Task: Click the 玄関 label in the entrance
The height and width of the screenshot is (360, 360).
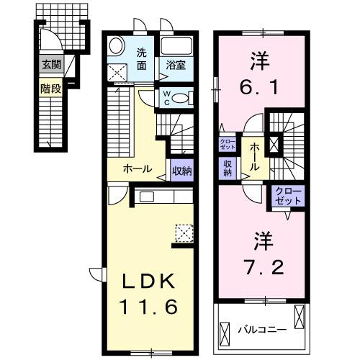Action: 50,64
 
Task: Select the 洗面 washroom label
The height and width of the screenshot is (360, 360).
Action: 142,58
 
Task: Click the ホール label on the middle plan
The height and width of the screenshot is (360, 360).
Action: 137,169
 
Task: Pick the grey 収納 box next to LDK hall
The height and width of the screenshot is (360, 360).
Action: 181,171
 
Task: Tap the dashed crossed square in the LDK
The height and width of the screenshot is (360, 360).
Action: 184,233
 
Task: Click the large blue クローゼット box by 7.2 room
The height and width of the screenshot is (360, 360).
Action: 288,196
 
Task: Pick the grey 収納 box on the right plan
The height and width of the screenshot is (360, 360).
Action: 227,167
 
